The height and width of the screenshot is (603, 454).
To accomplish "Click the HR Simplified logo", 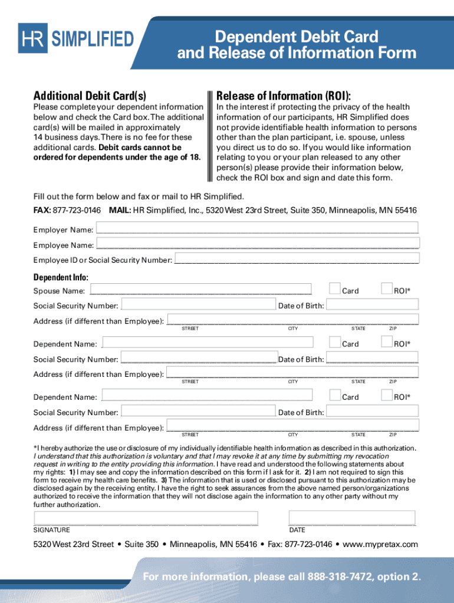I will tap(75, 39).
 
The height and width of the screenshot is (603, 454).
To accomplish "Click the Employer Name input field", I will tap(257, 228).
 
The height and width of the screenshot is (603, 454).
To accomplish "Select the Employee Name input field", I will tap(257, 243).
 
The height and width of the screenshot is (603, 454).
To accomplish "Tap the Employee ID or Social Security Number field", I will tap(297, 259).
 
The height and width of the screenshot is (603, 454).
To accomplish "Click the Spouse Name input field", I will tap(200, 289).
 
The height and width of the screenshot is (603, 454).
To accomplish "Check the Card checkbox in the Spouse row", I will tap(334, 289).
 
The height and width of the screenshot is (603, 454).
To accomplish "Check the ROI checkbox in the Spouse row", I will tap(387, 289).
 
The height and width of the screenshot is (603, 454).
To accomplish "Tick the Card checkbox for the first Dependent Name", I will tap(334, 342).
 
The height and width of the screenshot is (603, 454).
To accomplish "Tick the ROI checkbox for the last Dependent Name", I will tap(387, 395).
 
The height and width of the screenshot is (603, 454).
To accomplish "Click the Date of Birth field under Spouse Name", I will tap(372, 304).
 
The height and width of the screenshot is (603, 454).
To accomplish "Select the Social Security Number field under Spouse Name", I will tap(198, 304).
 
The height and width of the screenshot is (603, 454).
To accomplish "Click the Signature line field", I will tap(146, 518).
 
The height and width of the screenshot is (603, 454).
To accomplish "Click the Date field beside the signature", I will tap(352, 518).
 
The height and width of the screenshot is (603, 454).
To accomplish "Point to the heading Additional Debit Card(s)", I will tap(90, 96).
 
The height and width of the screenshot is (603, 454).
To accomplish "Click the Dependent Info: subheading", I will tap(61, 277).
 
